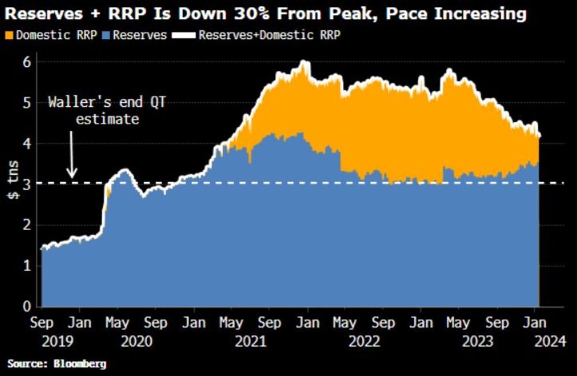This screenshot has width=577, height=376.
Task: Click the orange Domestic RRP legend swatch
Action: [x=9, y=35]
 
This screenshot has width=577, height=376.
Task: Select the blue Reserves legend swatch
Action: [x=106, y=35]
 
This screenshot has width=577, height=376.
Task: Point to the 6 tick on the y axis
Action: [x=26, y=62]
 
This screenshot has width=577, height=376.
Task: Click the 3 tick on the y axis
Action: [x=26, y=183]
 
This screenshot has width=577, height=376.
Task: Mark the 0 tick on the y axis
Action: [x=26, y=306]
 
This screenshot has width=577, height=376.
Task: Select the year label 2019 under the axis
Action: [x=58, y=341]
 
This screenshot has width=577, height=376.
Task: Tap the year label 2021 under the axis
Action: [x=250, y=341]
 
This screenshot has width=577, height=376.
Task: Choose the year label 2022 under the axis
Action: [x=364, y=341]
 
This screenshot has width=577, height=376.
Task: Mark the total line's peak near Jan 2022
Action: [x=304, y=62]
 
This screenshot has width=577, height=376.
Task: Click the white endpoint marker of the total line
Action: [x=539, y=136]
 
